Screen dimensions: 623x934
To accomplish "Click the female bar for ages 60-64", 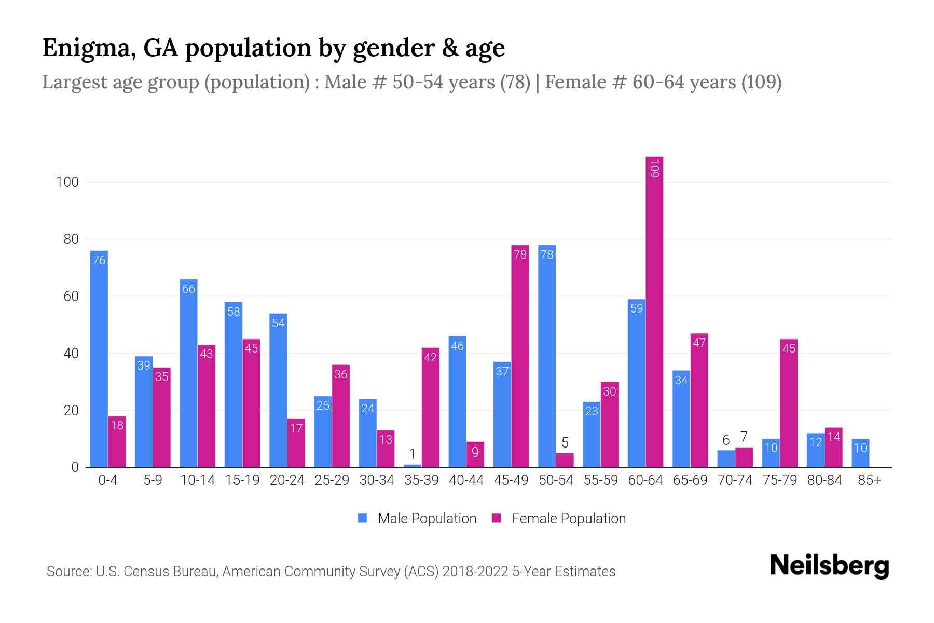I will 654,311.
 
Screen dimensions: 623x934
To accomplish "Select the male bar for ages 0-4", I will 99,358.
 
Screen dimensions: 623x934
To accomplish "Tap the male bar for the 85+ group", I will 860,453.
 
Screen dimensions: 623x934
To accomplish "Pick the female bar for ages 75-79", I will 789,403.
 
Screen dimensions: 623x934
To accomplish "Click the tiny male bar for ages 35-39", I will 413,466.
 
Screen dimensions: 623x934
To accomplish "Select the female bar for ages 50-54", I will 565,460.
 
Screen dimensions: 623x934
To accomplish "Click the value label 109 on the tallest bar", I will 654,169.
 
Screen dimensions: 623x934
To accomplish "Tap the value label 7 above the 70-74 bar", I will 744,437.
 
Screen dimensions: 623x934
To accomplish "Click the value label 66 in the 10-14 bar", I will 188,289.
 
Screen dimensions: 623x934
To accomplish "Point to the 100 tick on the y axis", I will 67,182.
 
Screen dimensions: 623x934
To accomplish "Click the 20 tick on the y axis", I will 71,410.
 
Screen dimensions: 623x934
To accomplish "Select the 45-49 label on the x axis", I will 511,480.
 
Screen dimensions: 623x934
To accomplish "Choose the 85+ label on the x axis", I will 869,480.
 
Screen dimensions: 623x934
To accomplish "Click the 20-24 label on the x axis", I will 287,480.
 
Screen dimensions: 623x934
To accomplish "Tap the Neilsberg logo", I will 829,566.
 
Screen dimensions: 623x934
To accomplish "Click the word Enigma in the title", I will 86,48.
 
